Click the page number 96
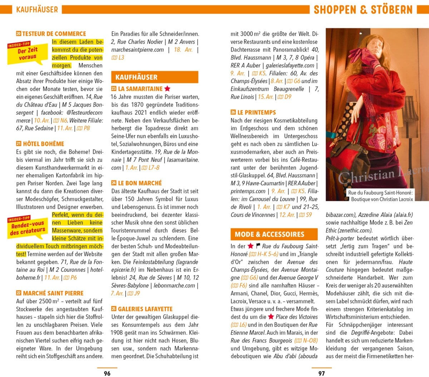click(x=107, y=373)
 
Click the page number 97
click(x=321, y=373)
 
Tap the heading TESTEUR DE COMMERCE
click(x=54, y=34)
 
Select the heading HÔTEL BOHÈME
click(x=43, y=144)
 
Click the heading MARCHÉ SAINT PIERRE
click(x=53, y=293)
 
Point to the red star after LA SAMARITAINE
click(x=167, y=88)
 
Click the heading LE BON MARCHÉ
click(x=140, y=183)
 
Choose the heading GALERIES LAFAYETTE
click(x=145, y=309)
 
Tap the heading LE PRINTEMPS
click(x=256, y=112)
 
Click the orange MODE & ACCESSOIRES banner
click(x=274, y=235)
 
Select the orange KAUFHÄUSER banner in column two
click(x=154, y=77)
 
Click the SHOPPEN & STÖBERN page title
click(x=363, y=9)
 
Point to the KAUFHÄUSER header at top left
click(x=37, y=9)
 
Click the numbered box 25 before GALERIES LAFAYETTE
click(x=114, y=309)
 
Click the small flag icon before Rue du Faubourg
click(x=258, y=246)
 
